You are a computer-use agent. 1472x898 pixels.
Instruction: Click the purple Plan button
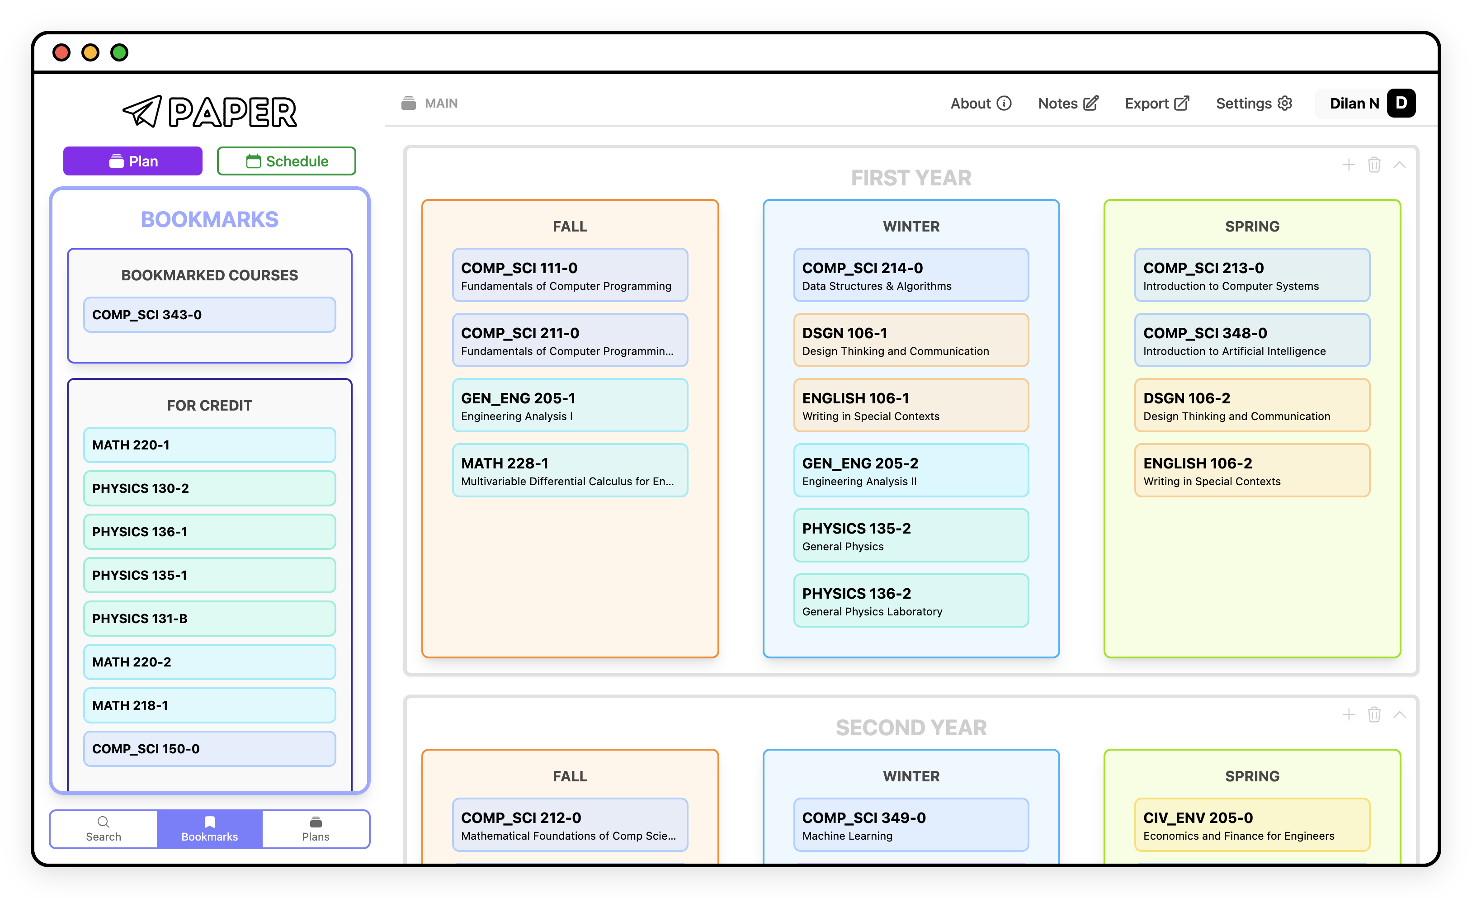tap(132, 161)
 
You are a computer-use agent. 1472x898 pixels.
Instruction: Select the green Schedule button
tap(286, 161)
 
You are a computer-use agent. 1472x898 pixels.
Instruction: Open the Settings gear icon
tap(1285, 104)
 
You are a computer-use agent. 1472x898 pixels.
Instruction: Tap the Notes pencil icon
tap(1091, 104)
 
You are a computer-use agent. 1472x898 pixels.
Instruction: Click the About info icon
tap(1004, 104)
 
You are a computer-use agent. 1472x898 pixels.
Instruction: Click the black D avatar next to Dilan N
tap(1401, 104)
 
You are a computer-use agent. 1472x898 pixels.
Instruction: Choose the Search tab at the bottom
tap(104, 829)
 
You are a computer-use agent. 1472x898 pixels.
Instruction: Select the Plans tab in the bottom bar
tap(316, 829)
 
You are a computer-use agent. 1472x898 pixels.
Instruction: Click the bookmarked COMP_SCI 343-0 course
tap(210, 315)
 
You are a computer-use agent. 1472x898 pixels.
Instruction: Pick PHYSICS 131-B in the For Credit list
tap(210, 619)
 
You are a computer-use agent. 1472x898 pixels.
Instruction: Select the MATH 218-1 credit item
tap(210, 705)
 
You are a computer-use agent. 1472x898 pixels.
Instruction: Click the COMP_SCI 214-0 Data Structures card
tap(911, 275)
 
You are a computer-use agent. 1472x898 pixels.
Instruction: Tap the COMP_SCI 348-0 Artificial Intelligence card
tap(1252, 340)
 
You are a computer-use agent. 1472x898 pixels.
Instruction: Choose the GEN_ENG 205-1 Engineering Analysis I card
tap(570, 406)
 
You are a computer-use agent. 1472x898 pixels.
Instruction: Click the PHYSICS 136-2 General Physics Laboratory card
tap(911, 601)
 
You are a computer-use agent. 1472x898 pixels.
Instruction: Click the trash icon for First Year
tap(1374, 165)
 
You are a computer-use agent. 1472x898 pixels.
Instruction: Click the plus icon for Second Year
tap(1348, 714)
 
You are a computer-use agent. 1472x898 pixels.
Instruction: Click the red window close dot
tap(61, 52)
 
